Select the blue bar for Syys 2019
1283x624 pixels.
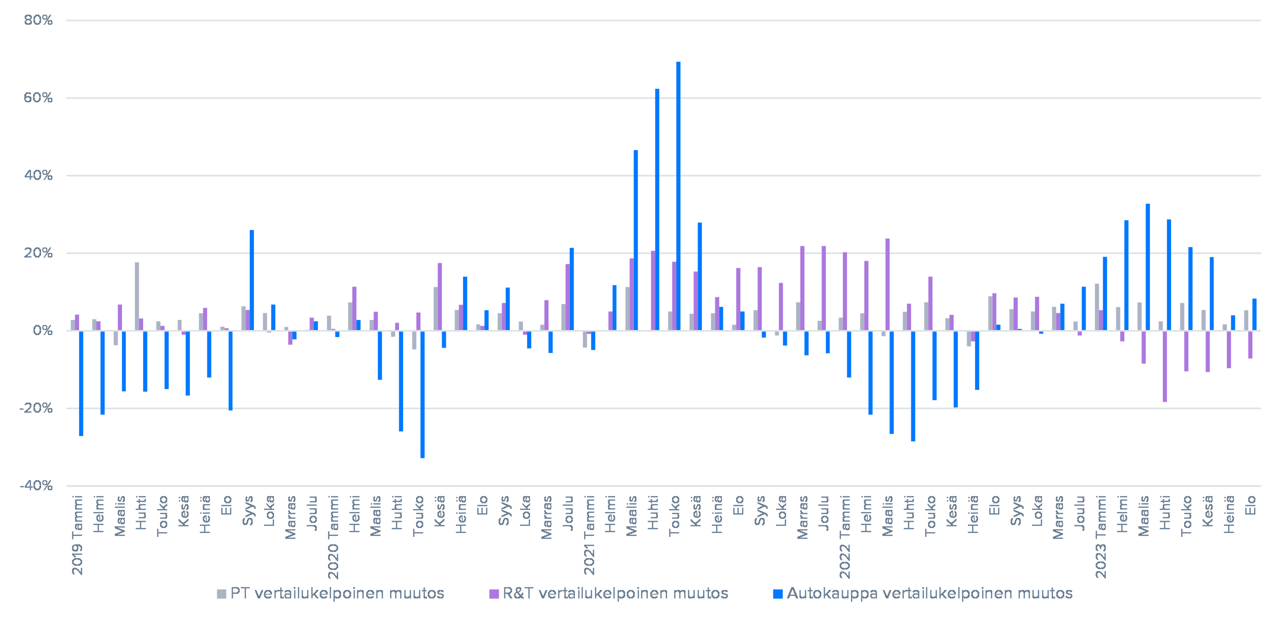[252, 280]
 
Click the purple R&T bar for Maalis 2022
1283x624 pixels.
[887, 284]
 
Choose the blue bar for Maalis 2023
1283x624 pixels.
[1148, 267]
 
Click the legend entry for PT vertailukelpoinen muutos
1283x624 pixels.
[331, 594]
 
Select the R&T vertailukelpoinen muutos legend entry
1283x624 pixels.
[609, 594]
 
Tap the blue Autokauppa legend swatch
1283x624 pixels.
[778, 594]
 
